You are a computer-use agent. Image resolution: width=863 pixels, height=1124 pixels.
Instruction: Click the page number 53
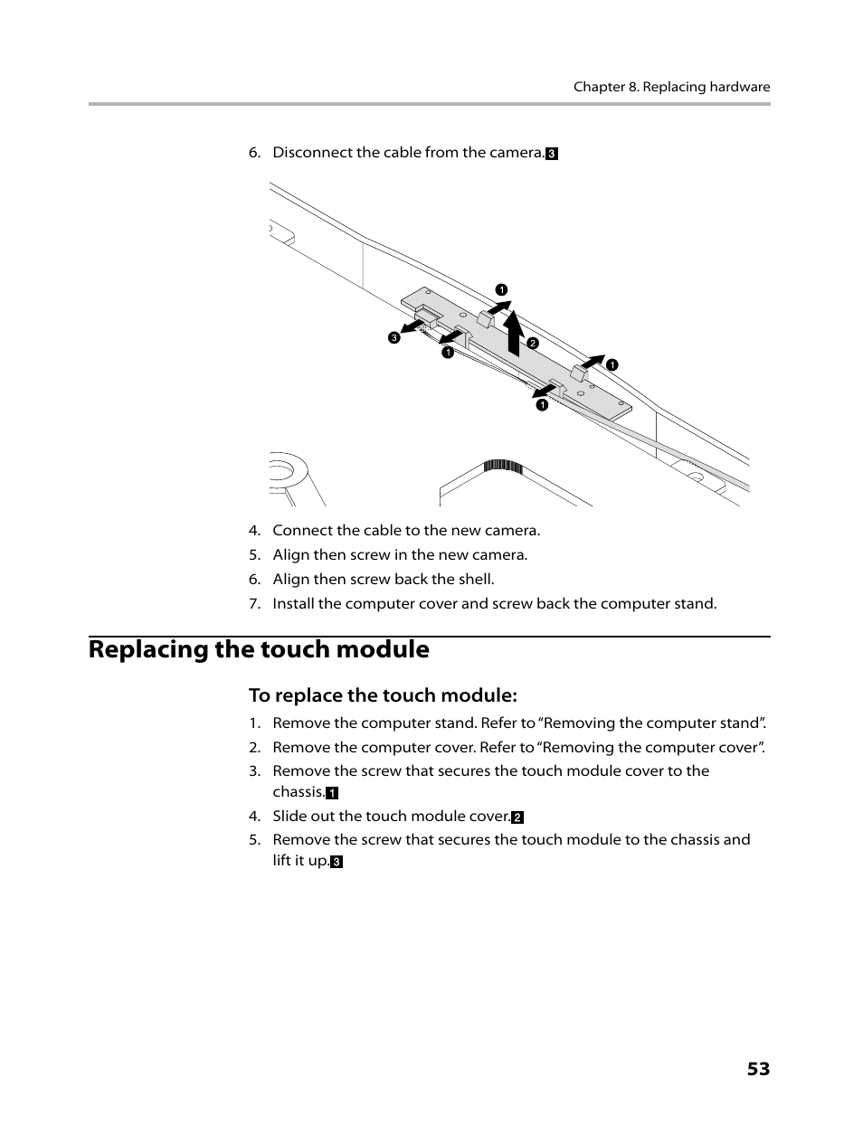coord(758,1069)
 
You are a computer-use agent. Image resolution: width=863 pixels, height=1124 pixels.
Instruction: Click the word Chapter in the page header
coord(598,87)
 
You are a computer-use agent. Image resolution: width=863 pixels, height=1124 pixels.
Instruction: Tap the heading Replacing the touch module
coord(259,649)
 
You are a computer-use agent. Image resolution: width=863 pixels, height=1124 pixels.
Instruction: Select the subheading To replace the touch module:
coord(383,695)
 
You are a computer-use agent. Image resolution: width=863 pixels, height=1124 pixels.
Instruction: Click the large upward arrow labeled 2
coord(514,333)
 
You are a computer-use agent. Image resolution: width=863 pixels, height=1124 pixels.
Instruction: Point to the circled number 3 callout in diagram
coord(394,337)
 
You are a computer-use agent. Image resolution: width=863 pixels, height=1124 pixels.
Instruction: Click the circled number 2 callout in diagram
coord(533,343)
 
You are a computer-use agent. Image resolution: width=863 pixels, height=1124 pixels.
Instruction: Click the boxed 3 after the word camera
coord(552,154)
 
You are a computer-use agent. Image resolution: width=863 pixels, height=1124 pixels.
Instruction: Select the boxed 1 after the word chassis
coord(332,793)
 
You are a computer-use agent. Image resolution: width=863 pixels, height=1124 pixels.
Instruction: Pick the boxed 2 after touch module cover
coord(517,817)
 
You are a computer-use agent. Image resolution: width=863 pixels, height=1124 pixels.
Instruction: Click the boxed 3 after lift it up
coord(337,862)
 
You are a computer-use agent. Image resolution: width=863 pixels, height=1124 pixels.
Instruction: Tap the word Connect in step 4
coord(302,531)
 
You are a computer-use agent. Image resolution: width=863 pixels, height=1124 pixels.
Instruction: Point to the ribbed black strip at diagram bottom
coord(503,467)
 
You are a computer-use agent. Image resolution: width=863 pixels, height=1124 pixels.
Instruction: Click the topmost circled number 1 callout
coord(500,290)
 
